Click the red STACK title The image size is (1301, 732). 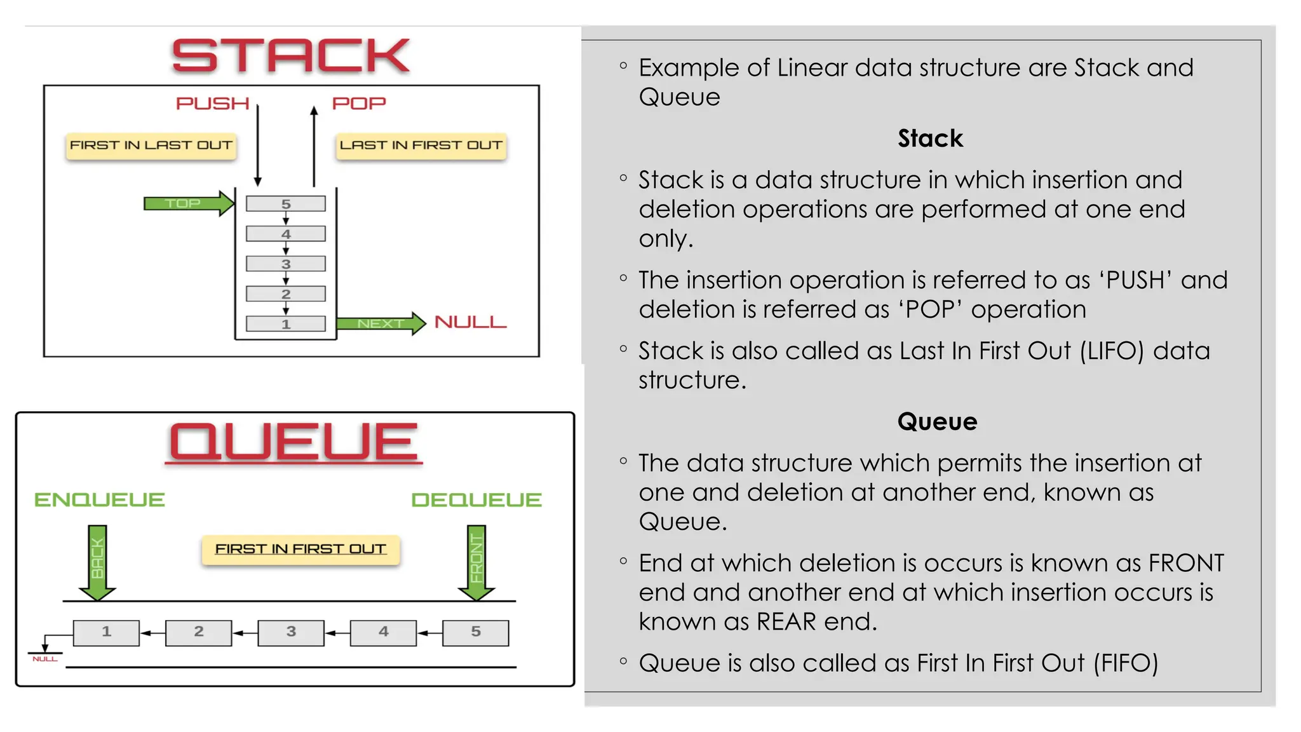[291, 56]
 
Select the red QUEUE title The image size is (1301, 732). [293, 442]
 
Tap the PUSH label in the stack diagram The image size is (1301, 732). [212, 104]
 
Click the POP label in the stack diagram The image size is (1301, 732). [359, 104]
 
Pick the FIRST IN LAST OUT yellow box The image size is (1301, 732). [151, 146]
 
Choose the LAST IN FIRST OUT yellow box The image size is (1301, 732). [421, 146]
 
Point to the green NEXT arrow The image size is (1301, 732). [381, 323]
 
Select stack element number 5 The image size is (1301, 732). [286, 204]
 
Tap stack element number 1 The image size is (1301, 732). [286, 324]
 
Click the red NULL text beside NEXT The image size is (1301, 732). [470, 323]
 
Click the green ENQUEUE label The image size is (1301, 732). [100, 500]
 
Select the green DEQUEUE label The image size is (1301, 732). [476, 500]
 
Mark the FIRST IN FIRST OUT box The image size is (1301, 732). [300, 550]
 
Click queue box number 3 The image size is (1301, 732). [291, 632]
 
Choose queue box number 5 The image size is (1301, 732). [476, 632]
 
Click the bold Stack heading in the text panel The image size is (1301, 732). [930, 139]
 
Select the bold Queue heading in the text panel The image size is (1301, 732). [937, 422]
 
